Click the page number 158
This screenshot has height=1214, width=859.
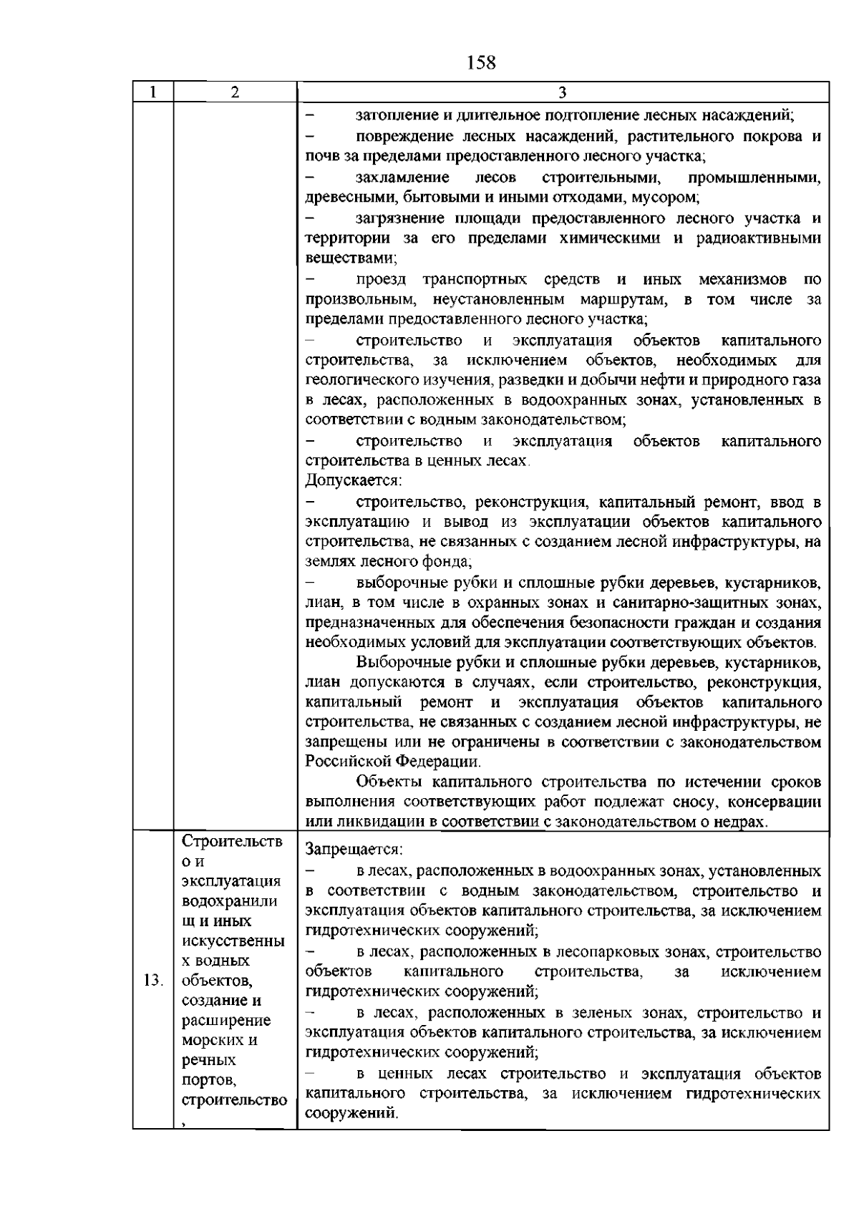[x=480, y=63]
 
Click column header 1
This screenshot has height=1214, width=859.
[x=152, y=92]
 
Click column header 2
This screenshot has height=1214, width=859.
[x=235, y=92]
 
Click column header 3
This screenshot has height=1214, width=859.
[x=562, y=92]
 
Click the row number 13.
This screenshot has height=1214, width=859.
[x=152, y=980]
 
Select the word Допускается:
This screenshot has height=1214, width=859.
[x=354, y=480]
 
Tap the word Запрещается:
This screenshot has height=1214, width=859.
[x=354, y=850]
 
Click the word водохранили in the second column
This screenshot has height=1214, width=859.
[x=230, y=900]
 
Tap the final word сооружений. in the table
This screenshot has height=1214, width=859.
[x=351, y=1114]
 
